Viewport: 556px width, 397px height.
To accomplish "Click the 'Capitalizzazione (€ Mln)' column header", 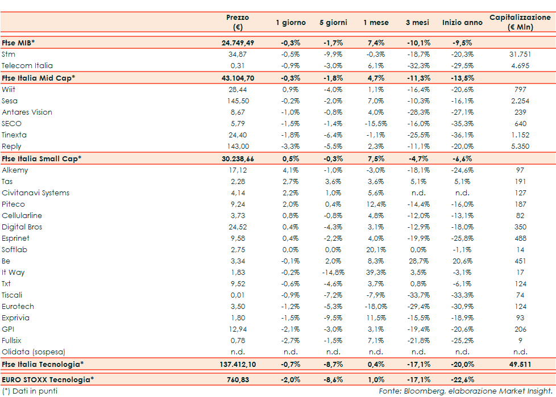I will point(520,22).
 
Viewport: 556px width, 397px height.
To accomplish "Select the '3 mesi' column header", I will point(417,23).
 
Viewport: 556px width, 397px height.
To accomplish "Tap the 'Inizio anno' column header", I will point(462,23).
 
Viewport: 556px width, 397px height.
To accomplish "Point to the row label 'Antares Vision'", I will point(27,112).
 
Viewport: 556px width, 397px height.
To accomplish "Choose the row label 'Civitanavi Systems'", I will point(35,193).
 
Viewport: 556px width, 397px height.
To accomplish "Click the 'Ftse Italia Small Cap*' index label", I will point(42,158).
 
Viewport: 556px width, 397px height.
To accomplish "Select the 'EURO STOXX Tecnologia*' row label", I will point(48,379).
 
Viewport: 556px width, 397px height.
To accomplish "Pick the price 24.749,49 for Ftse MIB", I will point(238,43).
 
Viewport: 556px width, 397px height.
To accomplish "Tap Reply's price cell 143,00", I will point(238,147).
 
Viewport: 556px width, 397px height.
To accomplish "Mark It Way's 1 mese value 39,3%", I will point(376,273).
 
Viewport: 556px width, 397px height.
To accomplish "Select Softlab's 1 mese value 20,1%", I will point(376,250).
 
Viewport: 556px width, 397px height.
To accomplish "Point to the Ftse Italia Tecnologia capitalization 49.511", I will point(520,364).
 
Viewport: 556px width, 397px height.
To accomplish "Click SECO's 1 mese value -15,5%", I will point(376,124).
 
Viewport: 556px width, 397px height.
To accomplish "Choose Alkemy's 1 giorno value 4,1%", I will point(291,170).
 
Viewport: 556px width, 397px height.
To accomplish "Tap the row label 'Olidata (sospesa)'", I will point(33,352).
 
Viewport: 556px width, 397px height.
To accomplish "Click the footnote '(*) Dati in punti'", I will point(30,391).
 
